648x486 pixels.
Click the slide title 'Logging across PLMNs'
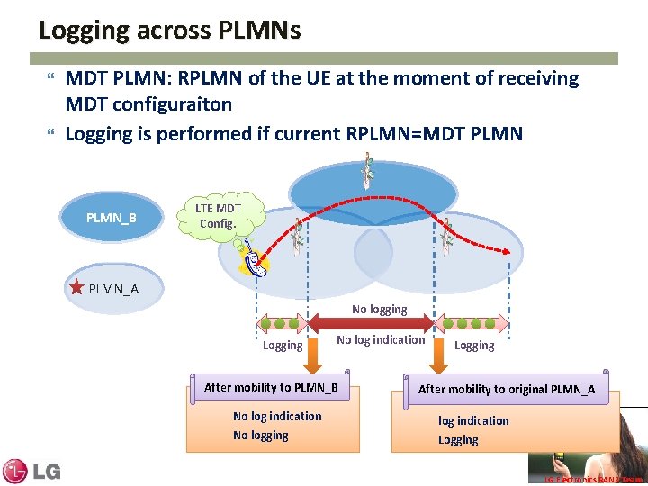pyautogui.click(x=169, y=31)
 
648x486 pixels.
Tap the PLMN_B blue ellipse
pyautogui.click(x=111, y=218)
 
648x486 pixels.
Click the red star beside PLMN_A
pyautogui.click(x=77, y=288)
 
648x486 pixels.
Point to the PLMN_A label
pyautogui.click(x=113, y=289)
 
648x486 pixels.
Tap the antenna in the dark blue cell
pyautogui.click(x=367, y=171)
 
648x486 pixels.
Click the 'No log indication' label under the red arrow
pyautogui.click(x=380, y=340)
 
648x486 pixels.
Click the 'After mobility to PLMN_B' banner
pyautogui.click(x=271, y=388)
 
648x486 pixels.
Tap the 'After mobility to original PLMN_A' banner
pyautogui.click(x=506, y=390)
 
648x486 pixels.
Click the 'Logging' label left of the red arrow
pyautogui.click(x=282, y=346)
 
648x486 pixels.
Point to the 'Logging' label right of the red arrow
pyautogui.click(x=474, y=346)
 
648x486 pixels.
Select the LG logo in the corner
pyautogui.click(x=31, y=471)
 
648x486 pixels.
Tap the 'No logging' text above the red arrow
pyautogui.click(x=379, y=310)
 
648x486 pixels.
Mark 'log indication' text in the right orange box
pyautogui.click(x=473, y=421)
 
